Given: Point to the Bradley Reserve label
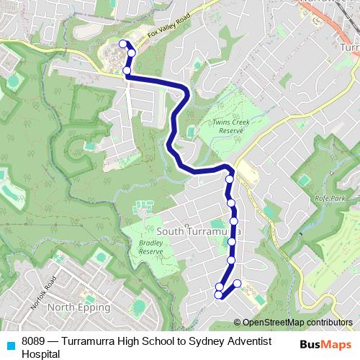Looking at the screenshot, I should [x=150, y=248].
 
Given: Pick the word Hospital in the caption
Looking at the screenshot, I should [x=41, y=354].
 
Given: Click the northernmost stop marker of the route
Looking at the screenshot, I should [x=122, y=44].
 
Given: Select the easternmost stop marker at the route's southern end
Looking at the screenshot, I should [x=238, y=282].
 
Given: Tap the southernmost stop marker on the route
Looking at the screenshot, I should [x=219, y=294].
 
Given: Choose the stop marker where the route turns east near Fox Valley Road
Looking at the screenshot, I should [x=127, y=71].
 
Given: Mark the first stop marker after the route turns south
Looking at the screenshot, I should [x=230, y=179].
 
